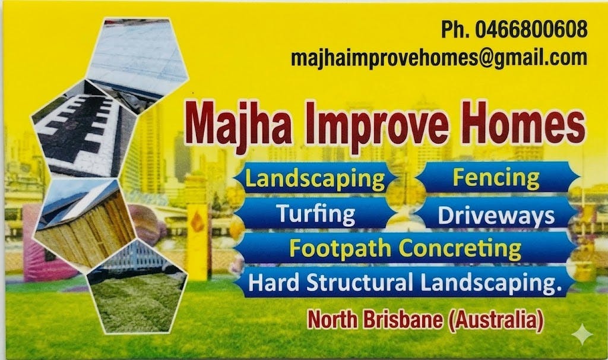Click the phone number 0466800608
coord(531,29)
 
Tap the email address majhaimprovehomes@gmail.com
coord(439,57)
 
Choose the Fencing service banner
coord(496,177)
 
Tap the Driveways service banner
coord(496,216)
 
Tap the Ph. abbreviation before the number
coord(455,29)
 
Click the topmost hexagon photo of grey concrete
coord(138,55)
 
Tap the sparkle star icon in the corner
coord(582,334)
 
